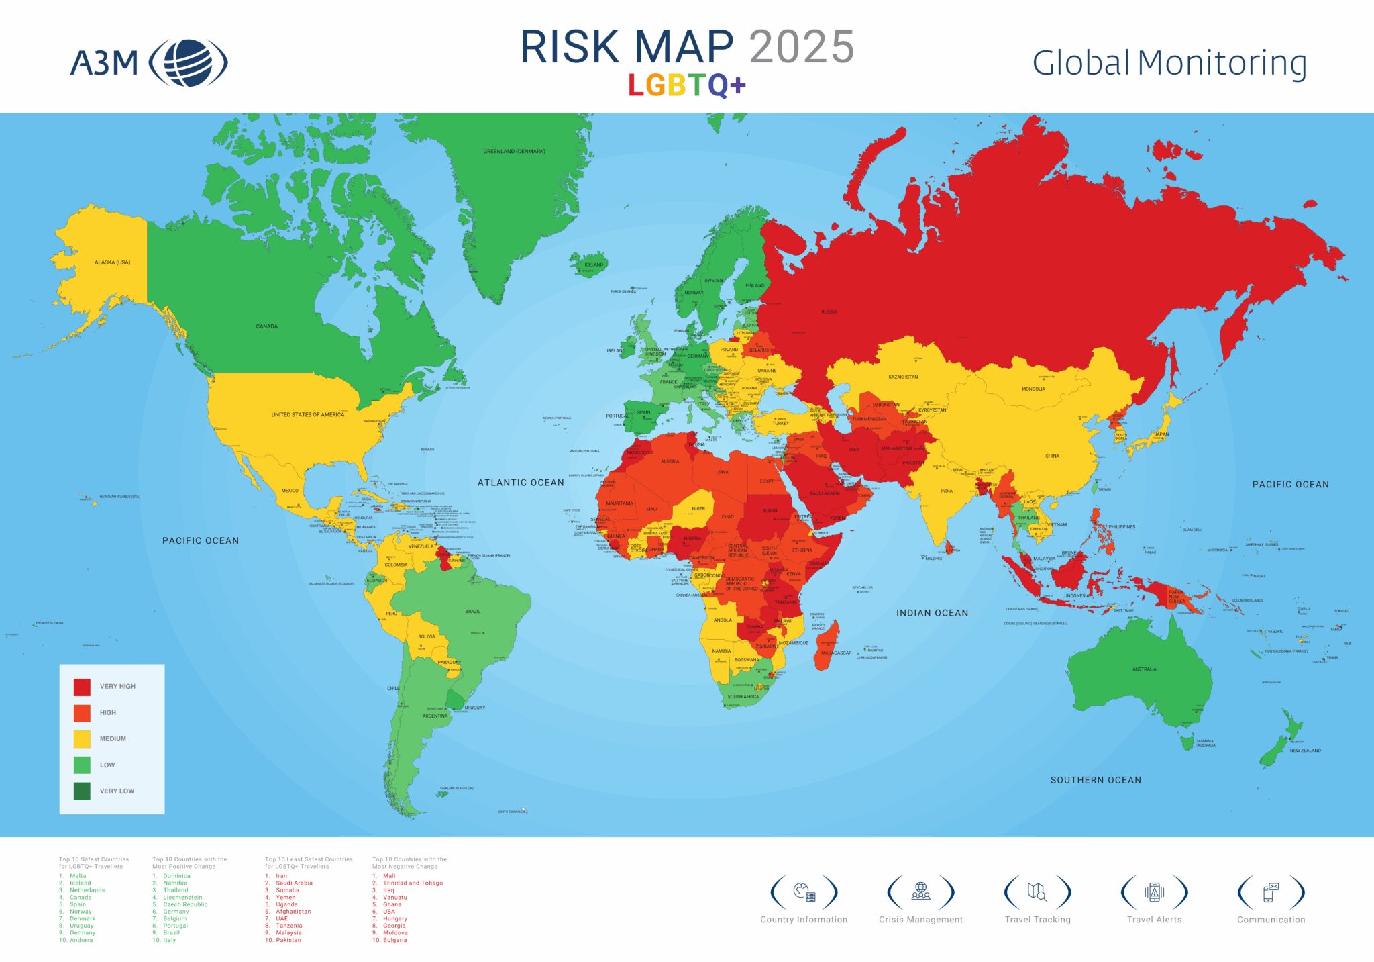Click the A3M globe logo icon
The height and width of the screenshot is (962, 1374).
(188, 63)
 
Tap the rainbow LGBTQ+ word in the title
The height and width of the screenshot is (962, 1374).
(686, 85)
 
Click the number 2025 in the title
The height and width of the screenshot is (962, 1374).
(801, 47)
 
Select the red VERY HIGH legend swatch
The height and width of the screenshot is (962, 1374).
(82, 687)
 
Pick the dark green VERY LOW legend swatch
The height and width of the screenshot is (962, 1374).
(82, 791)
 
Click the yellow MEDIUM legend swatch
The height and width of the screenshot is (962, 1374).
(82, 739)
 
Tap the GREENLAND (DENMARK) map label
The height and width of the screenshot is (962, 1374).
(514, 152)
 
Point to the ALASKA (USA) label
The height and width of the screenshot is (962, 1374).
(112, 262)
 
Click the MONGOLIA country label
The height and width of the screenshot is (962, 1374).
(1033, 389)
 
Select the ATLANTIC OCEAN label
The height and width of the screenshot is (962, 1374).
(521, 483)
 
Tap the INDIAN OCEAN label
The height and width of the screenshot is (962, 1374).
(932, 613)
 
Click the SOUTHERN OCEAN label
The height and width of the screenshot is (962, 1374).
(1096, 780)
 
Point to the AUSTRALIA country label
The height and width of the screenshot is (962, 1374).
(1144, 669)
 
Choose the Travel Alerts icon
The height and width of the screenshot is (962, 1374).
(1154, 892)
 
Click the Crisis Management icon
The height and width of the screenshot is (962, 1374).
(920, 892)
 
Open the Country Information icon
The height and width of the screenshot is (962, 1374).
(804, 892)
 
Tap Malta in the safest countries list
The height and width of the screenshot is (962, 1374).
(78, 876)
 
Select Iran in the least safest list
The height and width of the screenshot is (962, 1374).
(281, 876)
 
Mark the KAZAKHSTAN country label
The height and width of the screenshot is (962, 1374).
(903, 377)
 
